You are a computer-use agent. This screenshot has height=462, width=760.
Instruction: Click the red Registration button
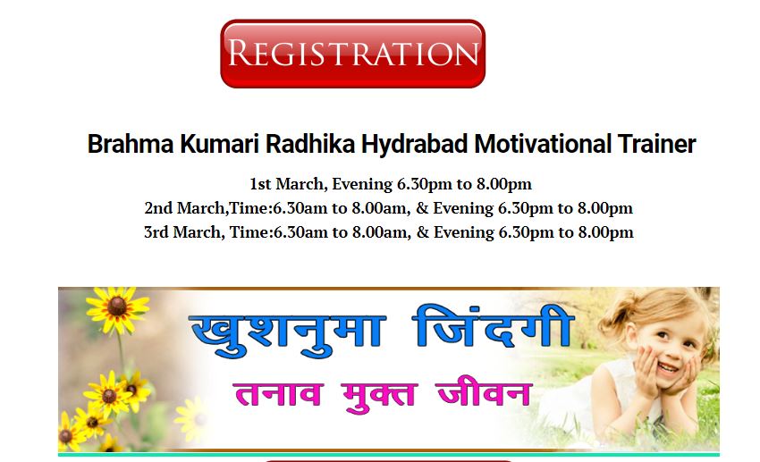pos(353,54)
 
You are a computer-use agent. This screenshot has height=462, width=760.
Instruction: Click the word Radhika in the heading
pos(310,144)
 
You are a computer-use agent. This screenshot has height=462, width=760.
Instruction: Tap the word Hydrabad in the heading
pos(414,144)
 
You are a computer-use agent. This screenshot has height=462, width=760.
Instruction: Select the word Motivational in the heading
pos(543,144)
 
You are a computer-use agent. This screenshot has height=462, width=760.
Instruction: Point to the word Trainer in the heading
pos(657,144)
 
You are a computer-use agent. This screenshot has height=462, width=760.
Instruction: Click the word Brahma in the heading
pos(131,144)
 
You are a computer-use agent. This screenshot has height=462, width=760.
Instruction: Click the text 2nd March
pos(185,208)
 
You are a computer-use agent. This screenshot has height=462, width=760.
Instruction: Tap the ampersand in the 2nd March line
pos(422,208)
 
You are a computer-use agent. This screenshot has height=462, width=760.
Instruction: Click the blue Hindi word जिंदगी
pos(493,326)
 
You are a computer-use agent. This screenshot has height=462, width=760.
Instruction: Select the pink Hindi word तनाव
pos(278,394)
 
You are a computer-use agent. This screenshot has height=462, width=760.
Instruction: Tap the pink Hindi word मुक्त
pos(379,397)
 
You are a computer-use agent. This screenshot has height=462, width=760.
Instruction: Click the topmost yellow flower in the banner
pos(117,308)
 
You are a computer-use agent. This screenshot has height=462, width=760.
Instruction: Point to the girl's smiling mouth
pos(669,368)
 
